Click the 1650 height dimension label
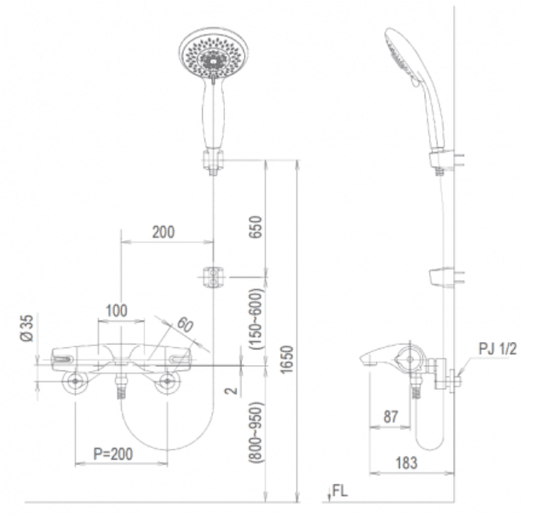pos(287,359)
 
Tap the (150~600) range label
pos(256,319)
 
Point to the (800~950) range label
pos(256,432)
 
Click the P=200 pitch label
pos(113,454)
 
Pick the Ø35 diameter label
pos(27,328)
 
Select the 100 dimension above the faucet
pos(117,311)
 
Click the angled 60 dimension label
pos(186,324)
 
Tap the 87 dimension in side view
pos(391,417)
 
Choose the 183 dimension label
pos(407,463)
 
